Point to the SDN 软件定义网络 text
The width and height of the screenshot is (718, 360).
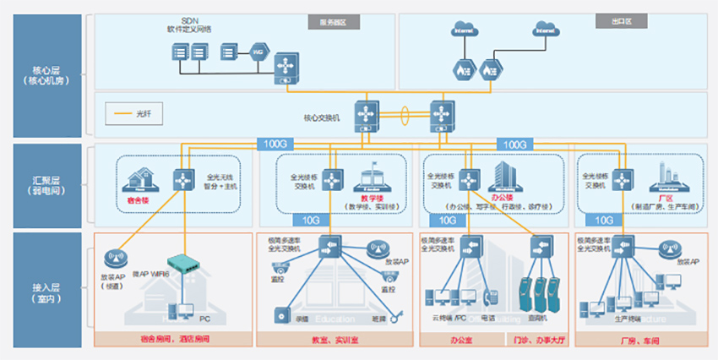[189, 25]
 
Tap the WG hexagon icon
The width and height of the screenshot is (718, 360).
[259, 52]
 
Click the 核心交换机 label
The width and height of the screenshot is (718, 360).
[321, 118]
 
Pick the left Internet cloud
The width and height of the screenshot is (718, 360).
[464, 31]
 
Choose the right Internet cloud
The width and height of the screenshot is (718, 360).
[547, 31]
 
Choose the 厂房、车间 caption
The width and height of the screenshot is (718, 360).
[639, 340]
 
